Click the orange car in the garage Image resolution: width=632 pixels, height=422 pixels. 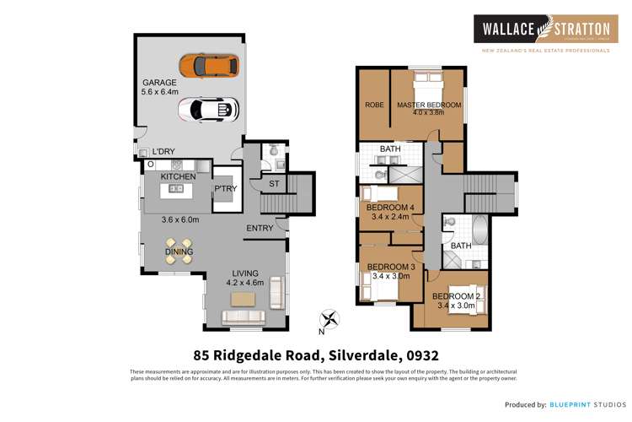pyautogui.click(x=209, y=66)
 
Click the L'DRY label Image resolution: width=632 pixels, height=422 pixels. pyautogui.click(x=163, y=152)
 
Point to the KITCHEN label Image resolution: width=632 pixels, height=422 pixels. pyautogui.click(x=178, y=176)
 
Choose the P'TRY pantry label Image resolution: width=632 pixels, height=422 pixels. pyautogui.click(x=225, y=189)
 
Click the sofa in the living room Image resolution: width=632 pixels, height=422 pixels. pyautogui.click(x=243, y=317)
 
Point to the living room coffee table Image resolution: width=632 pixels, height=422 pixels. pyautogui.click(x=246, y=298)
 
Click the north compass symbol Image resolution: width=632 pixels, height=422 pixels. pyautogui.click(x=330, y=319)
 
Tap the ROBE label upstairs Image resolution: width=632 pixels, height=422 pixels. pyautogui.click(x=374, y=105)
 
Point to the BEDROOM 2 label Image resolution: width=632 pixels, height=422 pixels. pyautogui.click(x=457, y=296)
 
